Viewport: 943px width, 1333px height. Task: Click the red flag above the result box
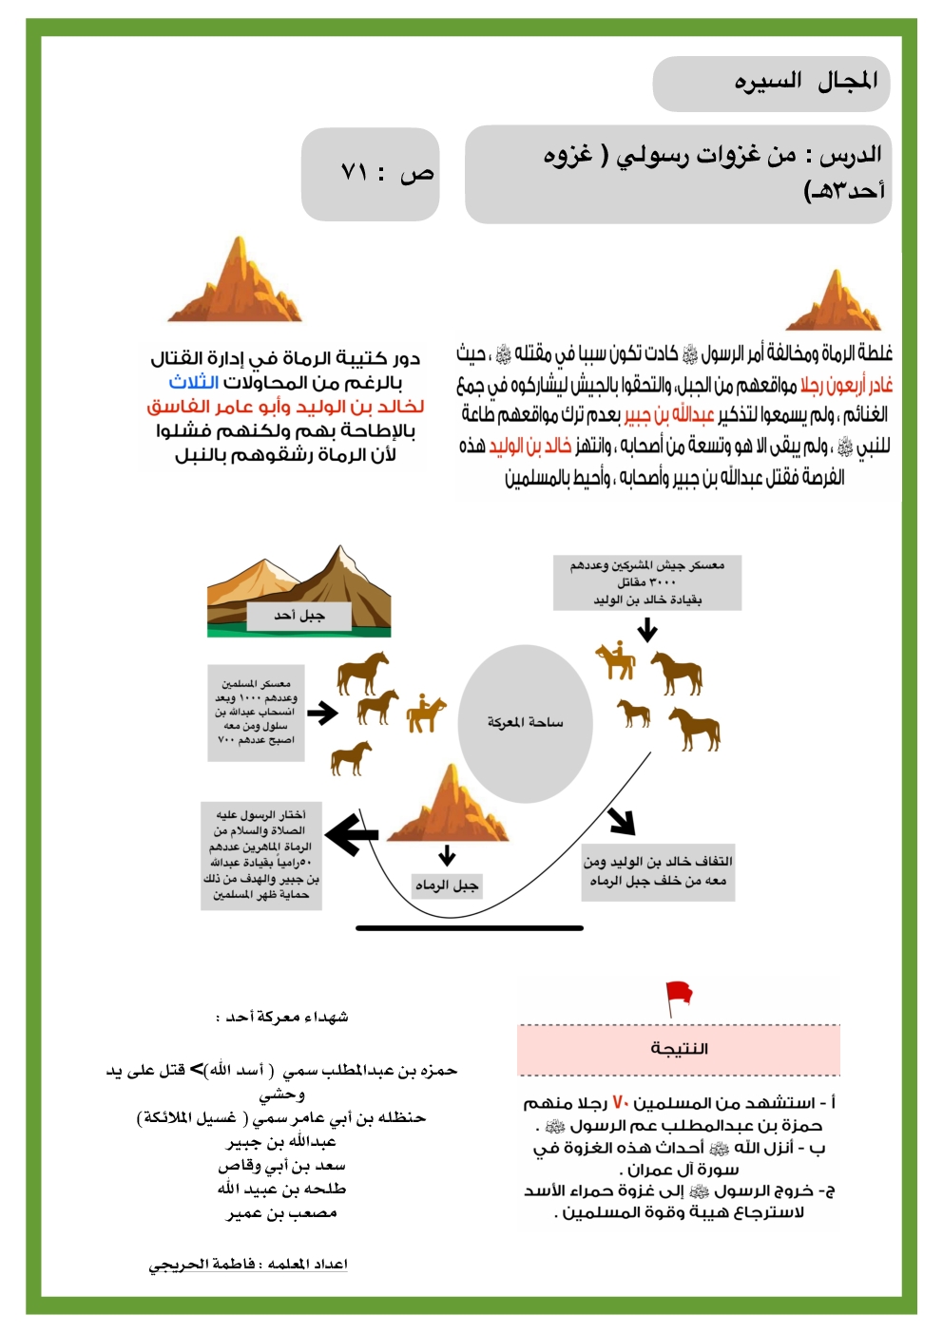679,997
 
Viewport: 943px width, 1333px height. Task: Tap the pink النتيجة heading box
679,1049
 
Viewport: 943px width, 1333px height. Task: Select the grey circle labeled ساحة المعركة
526,723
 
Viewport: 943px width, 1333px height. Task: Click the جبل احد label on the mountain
299,616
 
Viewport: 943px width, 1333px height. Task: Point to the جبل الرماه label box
446,885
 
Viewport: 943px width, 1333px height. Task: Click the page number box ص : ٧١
370,174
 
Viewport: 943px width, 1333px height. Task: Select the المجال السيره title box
771,83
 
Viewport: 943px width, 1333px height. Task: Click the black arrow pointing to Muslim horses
322,713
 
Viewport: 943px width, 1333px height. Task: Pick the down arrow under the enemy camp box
647,630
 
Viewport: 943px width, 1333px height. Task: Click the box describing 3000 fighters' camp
647,581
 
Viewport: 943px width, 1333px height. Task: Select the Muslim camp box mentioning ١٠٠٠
256,712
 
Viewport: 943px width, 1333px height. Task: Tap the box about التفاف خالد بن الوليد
658,871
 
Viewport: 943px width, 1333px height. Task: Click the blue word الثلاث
194,382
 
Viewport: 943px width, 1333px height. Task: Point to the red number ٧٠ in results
620,1102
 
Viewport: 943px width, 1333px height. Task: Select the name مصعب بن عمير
281,1213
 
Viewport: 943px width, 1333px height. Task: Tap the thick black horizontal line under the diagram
470,927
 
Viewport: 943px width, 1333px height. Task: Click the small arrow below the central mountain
447,854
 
